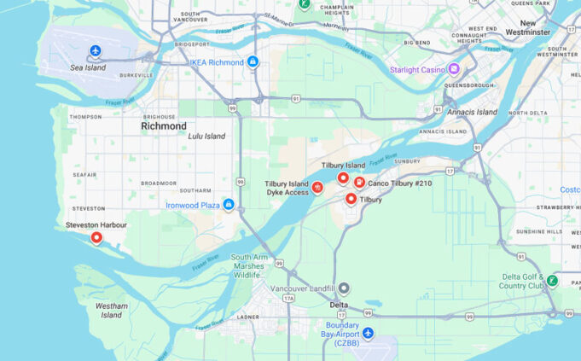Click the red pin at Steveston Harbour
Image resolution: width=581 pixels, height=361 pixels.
(96, 237)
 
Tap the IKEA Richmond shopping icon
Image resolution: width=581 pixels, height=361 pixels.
(253, 62)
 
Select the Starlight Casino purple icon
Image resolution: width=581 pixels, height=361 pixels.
(454, 69)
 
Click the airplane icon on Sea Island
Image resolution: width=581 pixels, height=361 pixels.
(95, 52)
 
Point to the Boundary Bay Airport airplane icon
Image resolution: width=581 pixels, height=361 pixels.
(368, 332)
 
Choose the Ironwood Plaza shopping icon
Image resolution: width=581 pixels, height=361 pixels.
(229, 205)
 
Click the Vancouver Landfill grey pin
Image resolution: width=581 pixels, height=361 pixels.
(344, 288)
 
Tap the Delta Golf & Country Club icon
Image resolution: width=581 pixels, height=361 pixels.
(552, 280)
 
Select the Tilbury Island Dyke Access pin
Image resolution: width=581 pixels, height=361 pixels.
(317, 188)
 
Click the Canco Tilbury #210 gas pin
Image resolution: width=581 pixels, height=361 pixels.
(359, 182)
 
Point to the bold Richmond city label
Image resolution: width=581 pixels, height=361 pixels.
(163, 126)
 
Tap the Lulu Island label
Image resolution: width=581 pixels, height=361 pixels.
(207, 137)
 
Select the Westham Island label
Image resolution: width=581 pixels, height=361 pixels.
(112, 310)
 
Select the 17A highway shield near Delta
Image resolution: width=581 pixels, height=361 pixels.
(288, 299)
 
